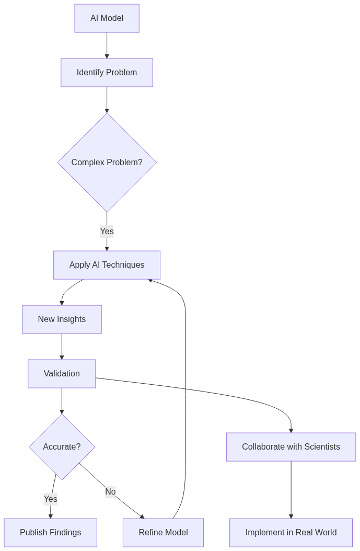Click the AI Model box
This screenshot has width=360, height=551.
click(x=107, y=18)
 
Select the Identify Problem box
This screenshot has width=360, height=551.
click(x=107, y=73)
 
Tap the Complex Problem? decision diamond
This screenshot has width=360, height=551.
click(x=107, y=163)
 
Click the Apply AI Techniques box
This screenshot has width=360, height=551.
click(x=107, y=265)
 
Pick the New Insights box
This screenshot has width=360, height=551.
click(x=62, y=319)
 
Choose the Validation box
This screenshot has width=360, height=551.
click(x=62, y=374)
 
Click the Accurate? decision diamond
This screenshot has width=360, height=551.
click(x=62, y=447)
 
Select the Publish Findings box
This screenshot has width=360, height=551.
click(x=50, y=533)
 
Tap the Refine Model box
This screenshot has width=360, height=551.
click(x=163, y=533)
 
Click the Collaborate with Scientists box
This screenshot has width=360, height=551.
click(x=291, y=447)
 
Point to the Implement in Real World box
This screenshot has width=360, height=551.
click(x=291, y=533)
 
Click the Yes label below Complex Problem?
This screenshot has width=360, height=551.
click(x=107, y=232)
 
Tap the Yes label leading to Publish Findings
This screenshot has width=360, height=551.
click(x=50, y=499)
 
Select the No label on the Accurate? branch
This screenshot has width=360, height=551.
click(x=110, y=492)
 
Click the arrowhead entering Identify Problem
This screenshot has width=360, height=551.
click(x=107, y=56)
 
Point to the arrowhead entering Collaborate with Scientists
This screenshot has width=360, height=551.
click(x=291, y=430)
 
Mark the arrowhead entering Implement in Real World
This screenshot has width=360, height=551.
click(x=291, y=516)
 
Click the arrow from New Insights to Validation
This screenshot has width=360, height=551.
click(x=62, y=346)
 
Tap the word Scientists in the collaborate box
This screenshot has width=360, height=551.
click(x=319, y=447)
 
